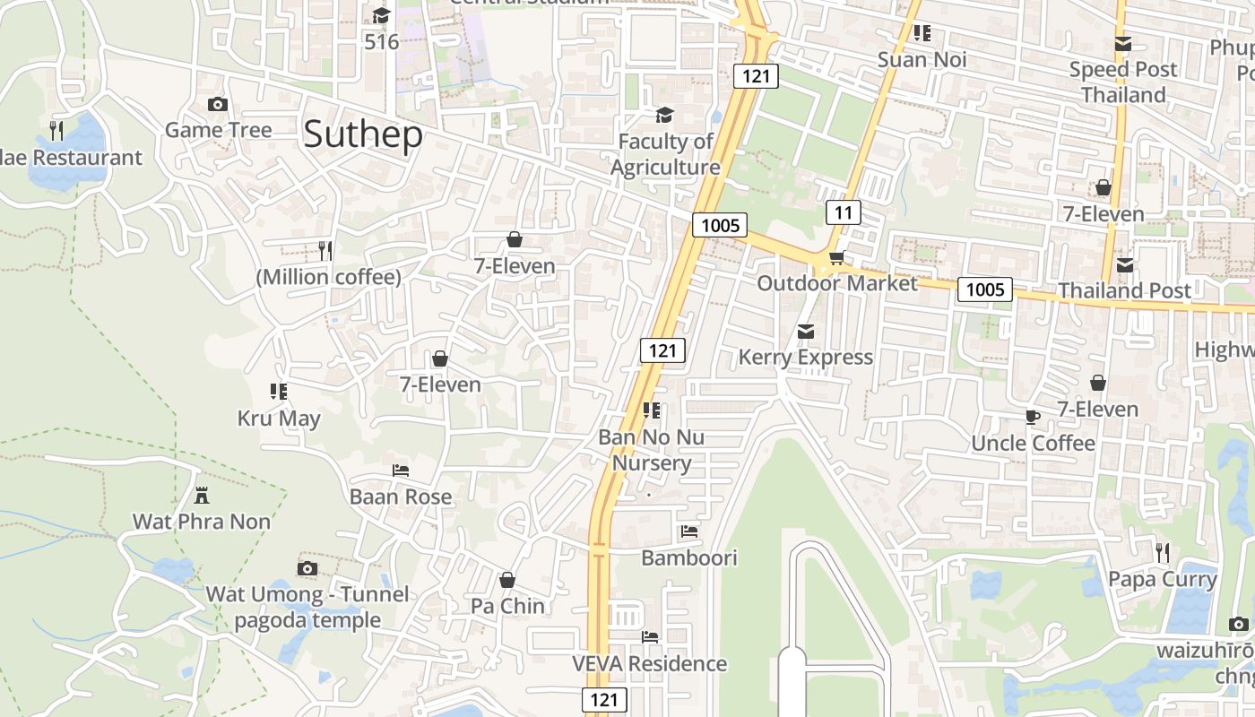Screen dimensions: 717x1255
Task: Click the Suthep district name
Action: pos(362,134)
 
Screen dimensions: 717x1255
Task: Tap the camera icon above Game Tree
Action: pos(217,105)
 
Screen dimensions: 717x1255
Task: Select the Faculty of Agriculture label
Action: pos(665,154)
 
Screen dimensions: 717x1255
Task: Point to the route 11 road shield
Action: pos(843,212)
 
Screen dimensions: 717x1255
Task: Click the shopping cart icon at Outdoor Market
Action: pos(836,258)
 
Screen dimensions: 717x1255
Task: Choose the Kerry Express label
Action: pos(805,358)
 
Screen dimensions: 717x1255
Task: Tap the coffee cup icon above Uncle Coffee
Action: pos(1033,417)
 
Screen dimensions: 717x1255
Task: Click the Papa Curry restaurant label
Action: pos(1162,579)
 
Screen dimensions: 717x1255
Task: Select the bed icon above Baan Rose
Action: pos(401,470)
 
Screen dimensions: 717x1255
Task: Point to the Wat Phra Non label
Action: pos(202,522)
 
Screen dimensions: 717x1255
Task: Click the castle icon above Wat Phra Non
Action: pos(202,495)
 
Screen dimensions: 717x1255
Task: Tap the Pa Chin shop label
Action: pos(507,606)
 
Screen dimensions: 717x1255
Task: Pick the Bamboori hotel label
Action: pos(688,557)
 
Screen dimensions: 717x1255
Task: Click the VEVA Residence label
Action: pos(650,663)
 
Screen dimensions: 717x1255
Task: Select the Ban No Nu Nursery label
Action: pos(652,450)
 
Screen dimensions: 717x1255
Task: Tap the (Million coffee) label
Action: pos(328,277)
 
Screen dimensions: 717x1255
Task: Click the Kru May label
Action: pos(279,419)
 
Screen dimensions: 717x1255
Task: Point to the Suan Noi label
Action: pos(922,60)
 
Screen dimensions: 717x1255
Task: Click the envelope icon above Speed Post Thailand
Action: pos(1122,43)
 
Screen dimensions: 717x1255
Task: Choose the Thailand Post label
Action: pos(1124,290)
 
